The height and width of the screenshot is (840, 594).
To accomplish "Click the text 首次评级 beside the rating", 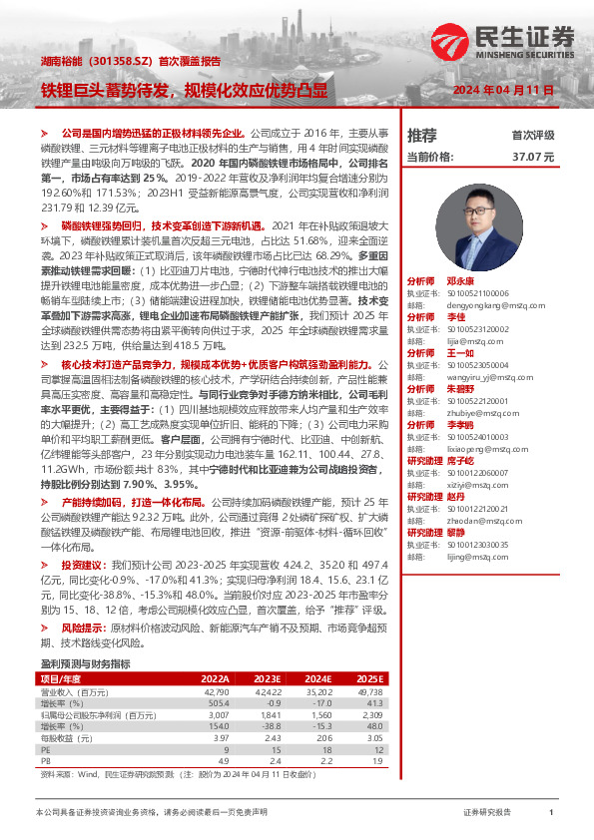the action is (532, 135).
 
